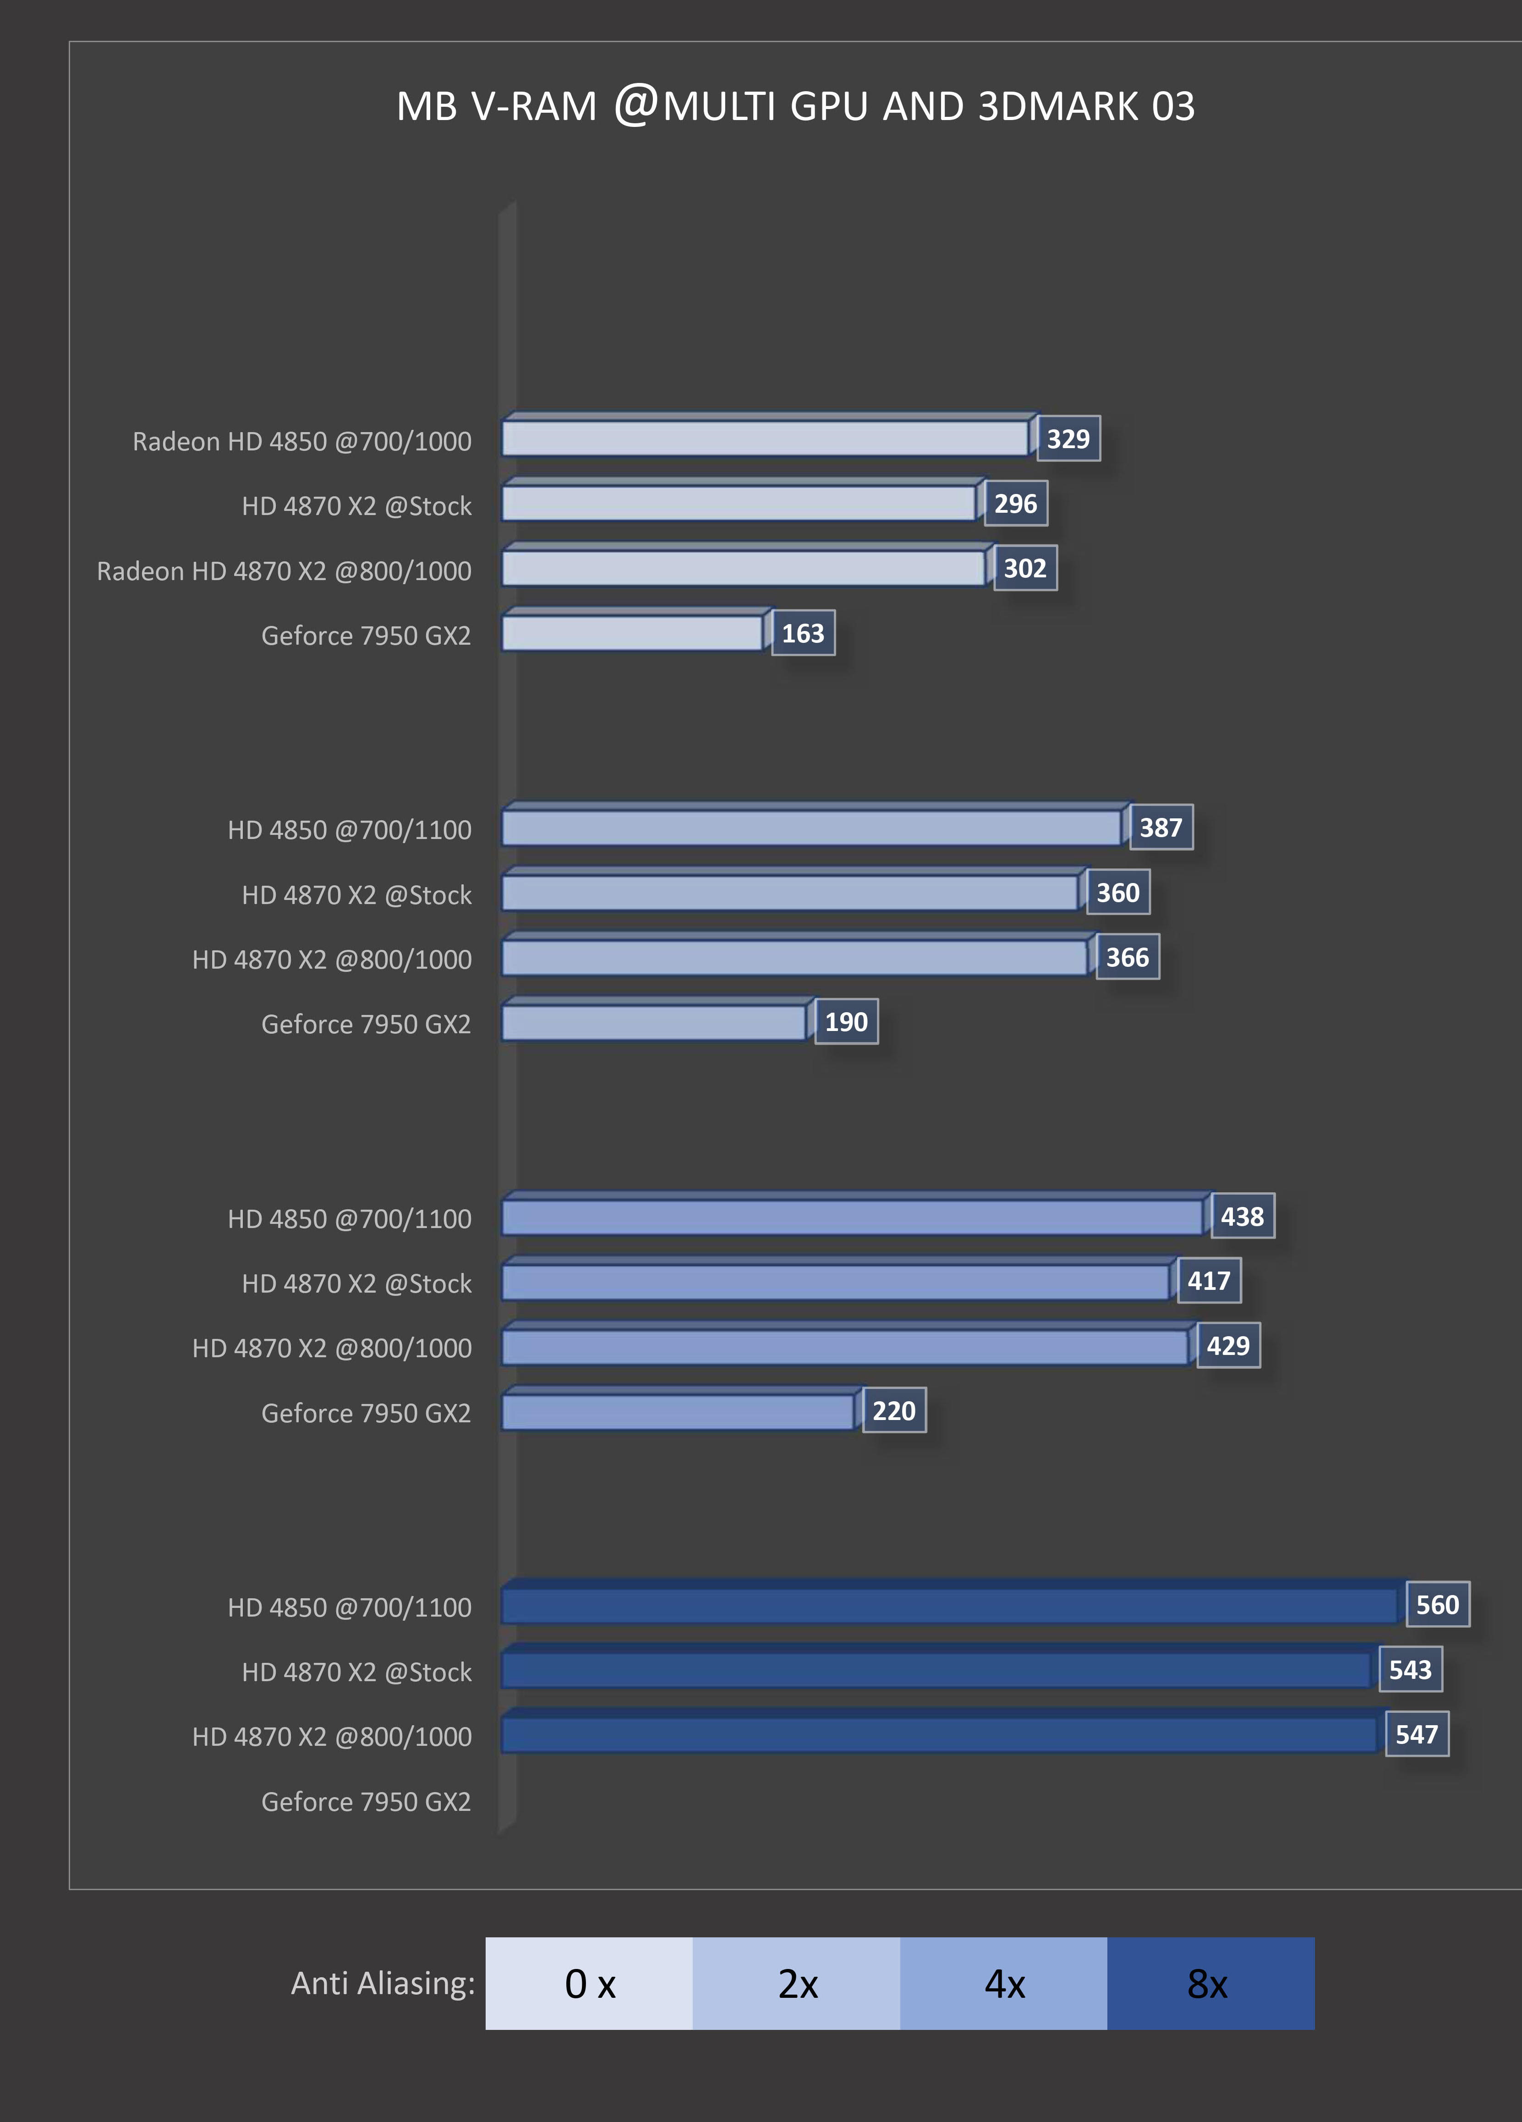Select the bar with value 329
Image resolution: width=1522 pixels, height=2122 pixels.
click(765, 438)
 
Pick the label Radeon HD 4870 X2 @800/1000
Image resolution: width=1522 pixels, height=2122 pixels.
click(284, 571)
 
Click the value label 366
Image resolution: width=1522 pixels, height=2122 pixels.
click(1127, 957)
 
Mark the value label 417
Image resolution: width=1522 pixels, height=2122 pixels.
click(1209, 1281)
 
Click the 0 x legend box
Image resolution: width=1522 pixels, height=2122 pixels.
click(589, 1984)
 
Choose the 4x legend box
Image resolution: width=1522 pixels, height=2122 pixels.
click(1004, 1984)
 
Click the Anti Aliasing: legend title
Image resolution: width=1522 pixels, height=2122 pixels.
click(383, 1983)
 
